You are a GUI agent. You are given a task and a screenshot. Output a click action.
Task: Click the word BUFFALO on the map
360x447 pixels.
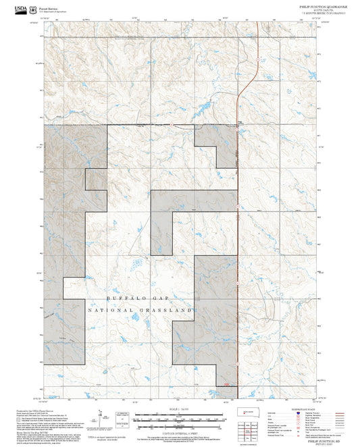(x=124, y=298)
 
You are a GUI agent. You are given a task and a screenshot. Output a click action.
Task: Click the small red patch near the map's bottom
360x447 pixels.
(x=227, y=386)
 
